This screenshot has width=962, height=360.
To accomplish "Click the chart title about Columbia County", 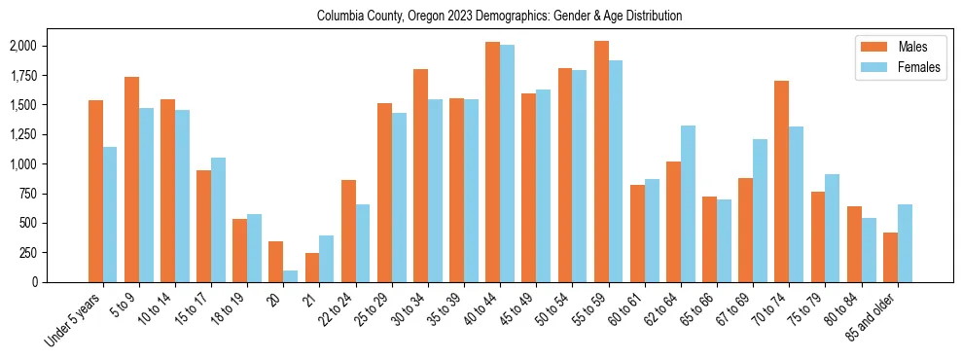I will click(x=500, y=16).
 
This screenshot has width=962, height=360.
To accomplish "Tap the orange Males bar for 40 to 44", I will click(x=492, y=162).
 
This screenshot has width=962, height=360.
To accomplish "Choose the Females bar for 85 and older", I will click(x=905, y=243).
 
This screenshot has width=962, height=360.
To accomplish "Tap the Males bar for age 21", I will click(x=312, y=268).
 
